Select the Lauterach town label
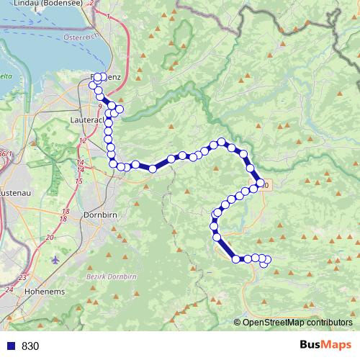89,119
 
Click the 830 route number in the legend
30,346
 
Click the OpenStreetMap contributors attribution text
297,323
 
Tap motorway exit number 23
23,276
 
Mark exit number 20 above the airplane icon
50,237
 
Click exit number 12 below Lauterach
84,140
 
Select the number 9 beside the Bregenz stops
99,106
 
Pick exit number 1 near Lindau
107,14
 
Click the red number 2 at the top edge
91,3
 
